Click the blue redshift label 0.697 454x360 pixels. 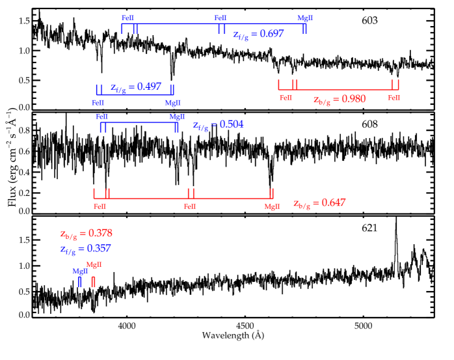(258, 35)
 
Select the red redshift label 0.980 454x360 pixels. (340, 100)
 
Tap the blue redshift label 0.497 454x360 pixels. (136, 87)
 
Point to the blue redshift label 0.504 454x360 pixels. (219, 125)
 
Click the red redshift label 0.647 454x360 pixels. (319, 203)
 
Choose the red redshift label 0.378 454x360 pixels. (87, 234)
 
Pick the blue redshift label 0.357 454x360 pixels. (86, 249)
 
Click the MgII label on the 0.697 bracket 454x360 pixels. (305, 18)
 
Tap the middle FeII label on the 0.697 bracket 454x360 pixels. (220, 18)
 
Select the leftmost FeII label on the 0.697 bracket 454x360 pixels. (128, 18)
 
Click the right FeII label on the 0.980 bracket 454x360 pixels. (394, 98)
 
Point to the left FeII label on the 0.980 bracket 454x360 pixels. (286, 98)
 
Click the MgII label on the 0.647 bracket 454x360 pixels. (272, 206)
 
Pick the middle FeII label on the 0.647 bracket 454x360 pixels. (190, 206)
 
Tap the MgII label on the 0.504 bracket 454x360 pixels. (177, 117)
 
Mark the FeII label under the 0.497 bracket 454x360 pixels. (98, 102)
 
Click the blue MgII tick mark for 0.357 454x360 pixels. (79, 281)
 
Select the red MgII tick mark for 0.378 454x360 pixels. (93, 281)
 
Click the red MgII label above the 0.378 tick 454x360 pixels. (94, 264)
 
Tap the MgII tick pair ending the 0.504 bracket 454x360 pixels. (176, 127)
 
